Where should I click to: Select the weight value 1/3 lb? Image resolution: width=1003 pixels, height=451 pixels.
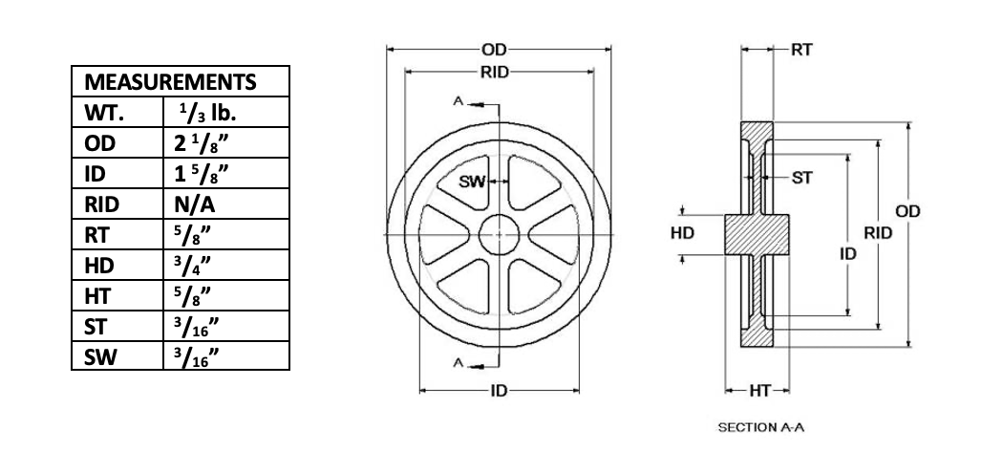[x=207, y=113]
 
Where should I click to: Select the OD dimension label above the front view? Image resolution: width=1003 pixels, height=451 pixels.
[x=495, y=48]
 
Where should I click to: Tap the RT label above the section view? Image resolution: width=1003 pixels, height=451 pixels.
[x=801, y=48]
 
